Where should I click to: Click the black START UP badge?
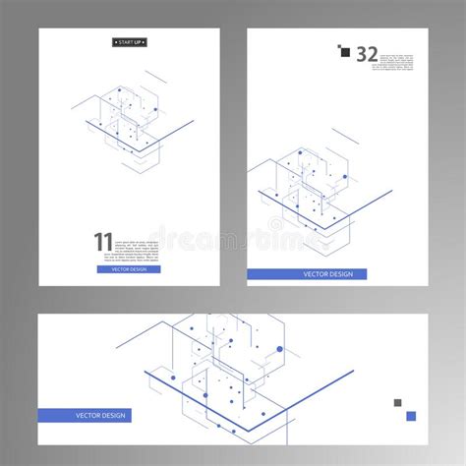point(129,42)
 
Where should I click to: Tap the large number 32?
point(366,54)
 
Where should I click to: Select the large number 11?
point(102,242)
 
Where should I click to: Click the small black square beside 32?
point(345,53)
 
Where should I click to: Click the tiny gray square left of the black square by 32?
point(338,46)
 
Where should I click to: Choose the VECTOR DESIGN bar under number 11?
point(135,268)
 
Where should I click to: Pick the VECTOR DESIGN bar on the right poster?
point(306,274)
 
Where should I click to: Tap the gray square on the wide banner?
point(398,402)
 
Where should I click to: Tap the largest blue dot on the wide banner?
point(279,349)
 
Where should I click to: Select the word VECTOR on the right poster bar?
point(295,274)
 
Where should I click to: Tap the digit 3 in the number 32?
point(360,54)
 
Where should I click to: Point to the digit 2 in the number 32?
point(373,54)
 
